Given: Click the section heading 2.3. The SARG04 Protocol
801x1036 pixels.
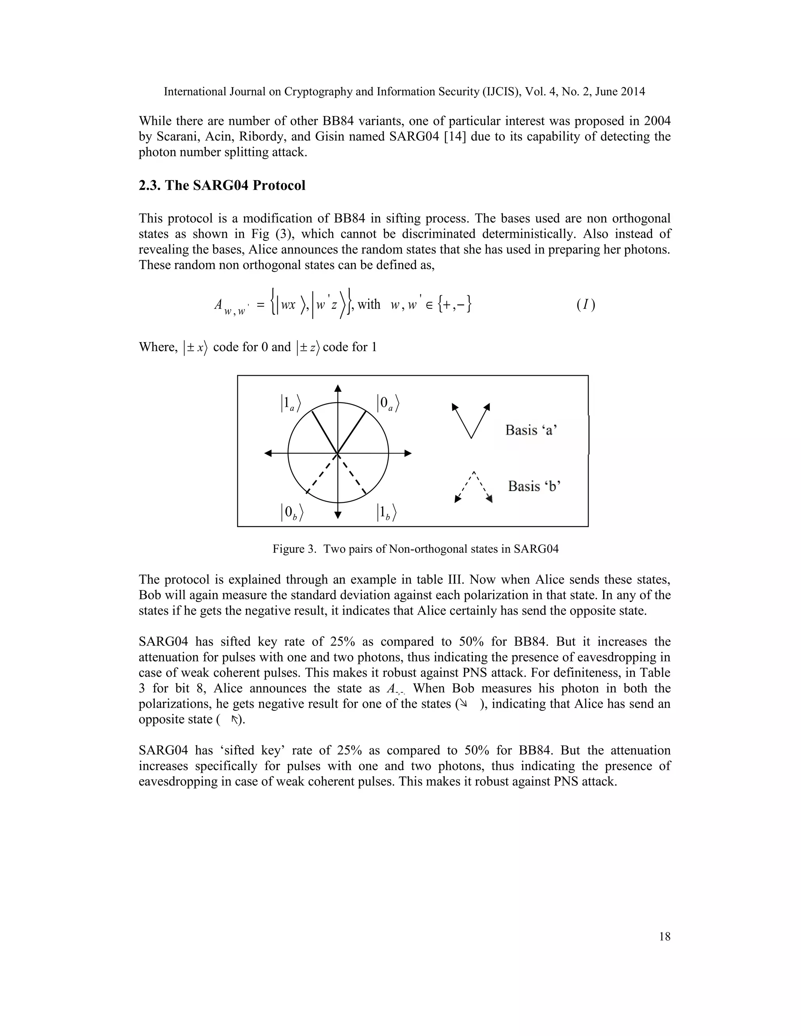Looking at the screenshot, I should coord(222,185).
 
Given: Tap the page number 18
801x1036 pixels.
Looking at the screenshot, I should coord(665,936).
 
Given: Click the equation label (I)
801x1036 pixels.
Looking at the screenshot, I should coord(585,304).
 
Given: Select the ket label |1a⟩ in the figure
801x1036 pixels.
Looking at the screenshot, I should coord(291,403).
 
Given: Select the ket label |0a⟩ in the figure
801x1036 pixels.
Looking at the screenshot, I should coord(388,403).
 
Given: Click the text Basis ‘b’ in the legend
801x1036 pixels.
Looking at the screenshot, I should coord(534,486).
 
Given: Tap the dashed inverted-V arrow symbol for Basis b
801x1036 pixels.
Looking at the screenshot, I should coord(474,486).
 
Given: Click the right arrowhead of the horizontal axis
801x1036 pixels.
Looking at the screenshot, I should coord(408,453).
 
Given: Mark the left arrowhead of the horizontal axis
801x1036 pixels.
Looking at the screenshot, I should coord(268,453).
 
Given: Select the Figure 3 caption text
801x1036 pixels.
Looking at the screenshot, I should coord(415,549).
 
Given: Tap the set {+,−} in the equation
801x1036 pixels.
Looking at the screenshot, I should coord(454,304).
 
